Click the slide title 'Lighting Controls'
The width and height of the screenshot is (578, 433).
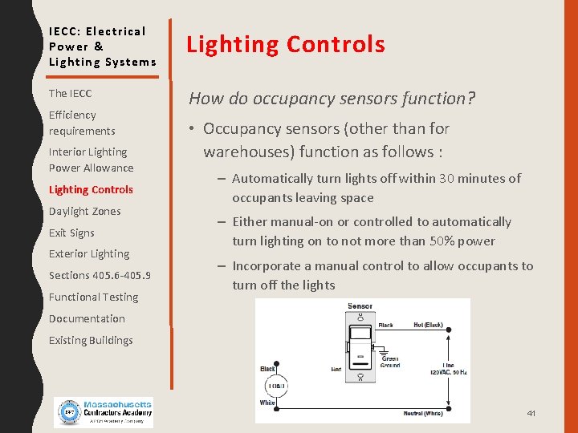[286, 45]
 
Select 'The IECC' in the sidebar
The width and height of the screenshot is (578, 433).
[70, 94]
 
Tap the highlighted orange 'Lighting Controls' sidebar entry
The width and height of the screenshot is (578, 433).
[91, 190]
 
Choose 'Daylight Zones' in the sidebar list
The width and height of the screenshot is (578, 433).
[84, 212]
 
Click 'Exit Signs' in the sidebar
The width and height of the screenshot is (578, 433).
[71, 233]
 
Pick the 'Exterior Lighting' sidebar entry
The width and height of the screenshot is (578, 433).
[88, 254]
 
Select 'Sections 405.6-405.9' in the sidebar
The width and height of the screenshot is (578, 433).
[100, 276]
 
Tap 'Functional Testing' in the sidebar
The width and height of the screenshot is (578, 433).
[93, 297]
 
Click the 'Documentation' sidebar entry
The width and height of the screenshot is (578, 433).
[87, 319]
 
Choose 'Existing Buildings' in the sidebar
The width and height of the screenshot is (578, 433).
[91, 341]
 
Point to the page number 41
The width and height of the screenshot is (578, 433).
[531, 413]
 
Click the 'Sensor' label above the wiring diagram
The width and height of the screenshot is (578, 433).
[360, 306]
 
